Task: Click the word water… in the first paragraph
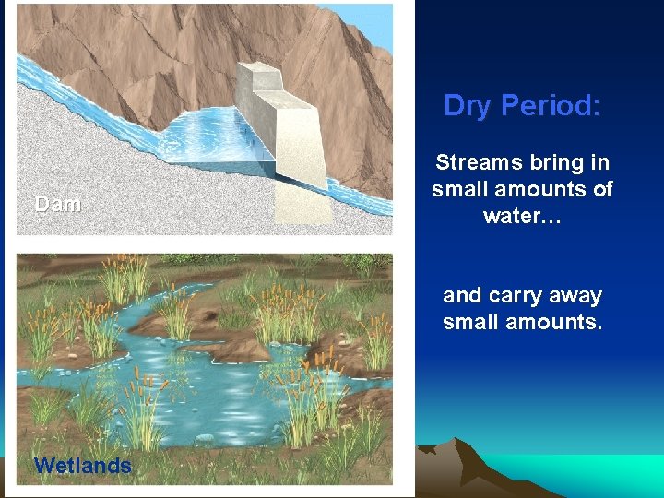[x=522, y=216]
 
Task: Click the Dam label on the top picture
[x=57, y=205]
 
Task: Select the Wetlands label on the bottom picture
[x=82, y=466]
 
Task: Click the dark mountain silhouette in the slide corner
[x=461, y=470]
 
